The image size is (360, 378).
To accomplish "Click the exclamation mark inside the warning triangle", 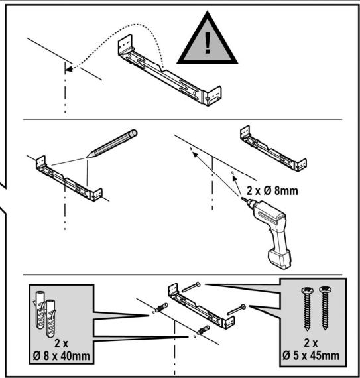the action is tap(208, 42).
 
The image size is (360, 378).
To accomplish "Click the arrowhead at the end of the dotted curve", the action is tap(69, 69).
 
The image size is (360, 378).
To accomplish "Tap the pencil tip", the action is tap(88, 157).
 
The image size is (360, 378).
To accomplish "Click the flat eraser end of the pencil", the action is tap(133, 133).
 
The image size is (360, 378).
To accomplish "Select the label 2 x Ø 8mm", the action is tap(272, 191).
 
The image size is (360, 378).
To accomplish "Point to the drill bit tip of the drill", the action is tap(242, 198).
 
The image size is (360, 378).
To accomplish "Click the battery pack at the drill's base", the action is tap(280, 259).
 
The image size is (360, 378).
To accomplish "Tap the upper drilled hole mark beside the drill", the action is tap(191, 149).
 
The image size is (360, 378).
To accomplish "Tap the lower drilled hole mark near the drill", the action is tap(232, 172).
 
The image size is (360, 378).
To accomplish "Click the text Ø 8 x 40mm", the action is tap(62, 356).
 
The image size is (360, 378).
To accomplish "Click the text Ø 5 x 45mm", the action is tap(311, 355).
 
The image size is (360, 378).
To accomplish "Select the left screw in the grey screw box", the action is tap(307, 309).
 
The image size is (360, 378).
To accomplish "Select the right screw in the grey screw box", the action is tap(325, 308).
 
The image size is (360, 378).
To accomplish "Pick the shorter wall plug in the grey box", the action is tap(50, 318).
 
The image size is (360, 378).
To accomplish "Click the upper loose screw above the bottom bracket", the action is tap(191, 287).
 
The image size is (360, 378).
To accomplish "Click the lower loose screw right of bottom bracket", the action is tap(237, 310).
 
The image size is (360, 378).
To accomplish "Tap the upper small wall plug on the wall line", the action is tap(162, 307).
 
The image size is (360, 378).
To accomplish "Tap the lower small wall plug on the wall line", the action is tap(204, 330).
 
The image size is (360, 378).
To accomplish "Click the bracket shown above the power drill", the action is tap(273, 149).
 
